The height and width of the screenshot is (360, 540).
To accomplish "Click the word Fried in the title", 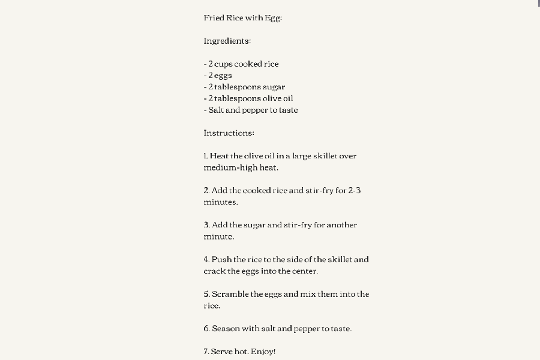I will [x=214, y=18].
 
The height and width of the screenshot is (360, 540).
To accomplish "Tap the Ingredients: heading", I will [x=227, y=41].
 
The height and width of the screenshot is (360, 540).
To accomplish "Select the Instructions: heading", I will [x=229, y=133].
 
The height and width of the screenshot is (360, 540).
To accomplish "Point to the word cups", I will [x=224, y=64].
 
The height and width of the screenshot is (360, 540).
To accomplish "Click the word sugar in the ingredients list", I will [x=274, y=87].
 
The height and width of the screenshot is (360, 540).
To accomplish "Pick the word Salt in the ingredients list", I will [x=216, y=110].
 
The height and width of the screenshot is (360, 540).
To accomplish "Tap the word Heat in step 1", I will [x=219, y=156].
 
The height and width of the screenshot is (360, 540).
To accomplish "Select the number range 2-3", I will [x=355, y=191].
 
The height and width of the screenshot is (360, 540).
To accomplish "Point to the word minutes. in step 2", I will [x=221, y=202].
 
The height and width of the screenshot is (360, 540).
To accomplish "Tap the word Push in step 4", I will [x=221, y=260].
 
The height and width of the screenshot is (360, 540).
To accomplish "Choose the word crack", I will [x=214, y=271].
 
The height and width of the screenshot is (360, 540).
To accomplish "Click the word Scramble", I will [x=230, y=295].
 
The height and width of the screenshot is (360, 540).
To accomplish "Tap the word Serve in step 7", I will [x=221, y=352].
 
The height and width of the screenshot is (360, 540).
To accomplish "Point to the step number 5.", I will [x=206, y=295].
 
